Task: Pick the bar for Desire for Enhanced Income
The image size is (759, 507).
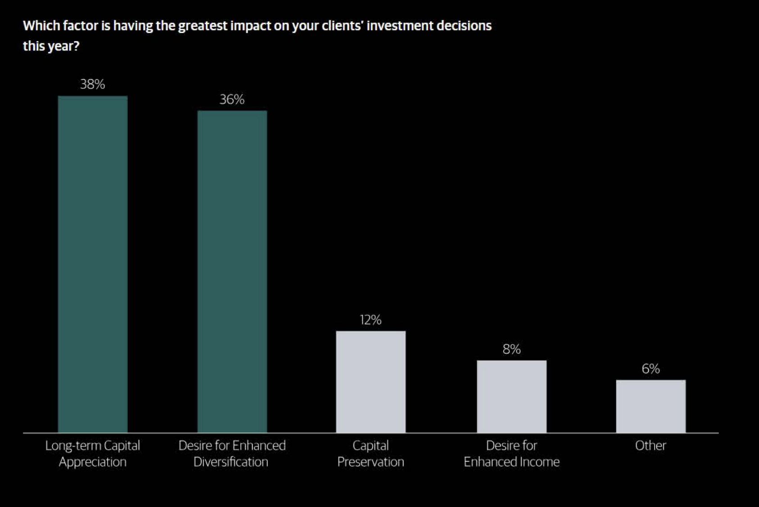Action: pyautogui.click(x=511, y=396)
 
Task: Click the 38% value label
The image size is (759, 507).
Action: pyautogui.click(x=92, y=84)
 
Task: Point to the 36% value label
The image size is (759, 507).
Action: pyautogui.click(x=232, y=100)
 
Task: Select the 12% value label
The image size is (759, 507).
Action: pyautogui.click(x=370, y=320)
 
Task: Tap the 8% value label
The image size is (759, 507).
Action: pyautogui.click(x=511, y=349)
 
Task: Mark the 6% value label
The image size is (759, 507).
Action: pyautogui.click(x=651, y=369)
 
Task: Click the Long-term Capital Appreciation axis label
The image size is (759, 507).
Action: pyautogui.click(x=93, y=453)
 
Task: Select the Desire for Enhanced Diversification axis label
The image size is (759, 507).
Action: pyautogui.click(x=232, y=453)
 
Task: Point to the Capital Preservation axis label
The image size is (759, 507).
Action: pyautogui.click(x=370, y=453)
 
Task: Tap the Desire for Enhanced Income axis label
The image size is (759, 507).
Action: pyautogui.click(x=511, y=453)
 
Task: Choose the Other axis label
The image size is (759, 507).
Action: pyautogui.click(x=651, y=446)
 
